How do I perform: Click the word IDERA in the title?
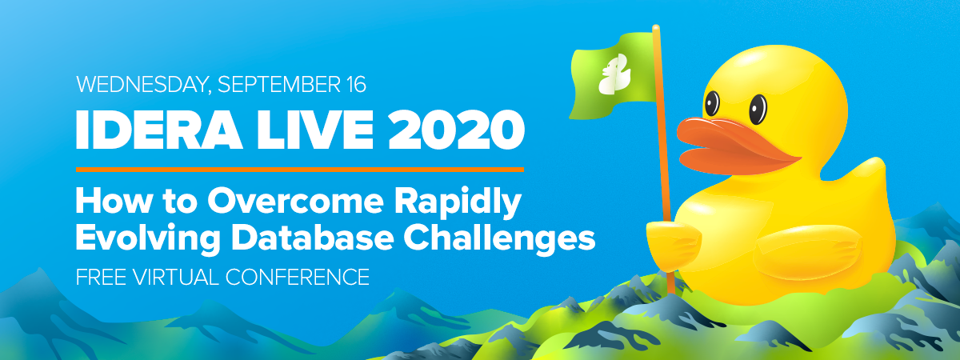158,129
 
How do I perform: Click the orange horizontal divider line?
300,170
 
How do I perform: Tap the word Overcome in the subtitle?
295,201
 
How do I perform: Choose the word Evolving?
148,239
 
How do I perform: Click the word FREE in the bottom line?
101,277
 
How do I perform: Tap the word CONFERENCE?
297,277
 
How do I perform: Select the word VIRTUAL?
176,277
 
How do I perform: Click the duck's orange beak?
736,146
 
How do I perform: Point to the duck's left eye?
712,103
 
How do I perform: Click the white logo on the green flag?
614,74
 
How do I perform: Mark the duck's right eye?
758,110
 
